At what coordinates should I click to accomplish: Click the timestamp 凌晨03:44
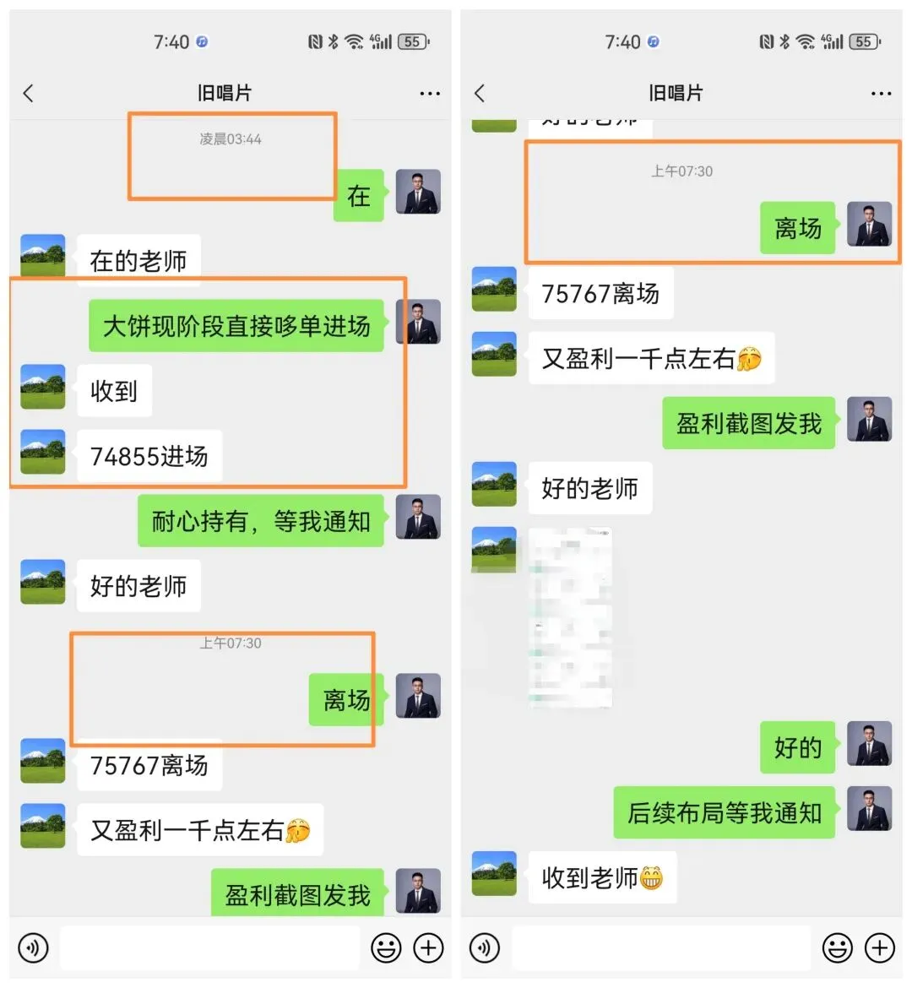pyautogui.click(x=231, y=139)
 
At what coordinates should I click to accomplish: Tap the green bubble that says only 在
pyautogui.click(x=359, y=196)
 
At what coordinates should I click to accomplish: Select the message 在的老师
pyautogui.click(x=138, y=261)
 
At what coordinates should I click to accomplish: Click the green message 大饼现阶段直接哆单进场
pyautogui.click(x=236, y=326)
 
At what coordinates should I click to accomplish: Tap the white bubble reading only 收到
pyautogui.click(x=114, y=391)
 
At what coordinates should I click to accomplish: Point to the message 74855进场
pyautogui.click(x=149, y=456)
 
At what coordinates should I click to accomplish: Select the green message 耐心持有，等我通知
pyautogui.click(x=261, y=521)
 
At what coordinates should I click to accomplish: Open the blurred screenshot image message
pyautogui.click(x=571, y=617)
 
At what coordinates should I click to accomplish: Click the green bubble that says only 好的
pyautogui.click(x=797, y=747)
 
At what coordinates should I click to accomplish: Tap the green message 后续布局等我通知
pyautogui.click(x=724, y=812)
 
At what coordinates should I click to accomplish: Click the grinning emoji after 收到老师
pyautogui.click(x=651, y=878)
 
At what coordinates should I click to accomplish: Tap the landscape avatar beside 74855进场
pyautogui.click(x=43, y=452)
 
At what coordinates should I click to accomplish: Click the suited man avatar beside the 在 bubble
pyautogui.click(x=418, y=192)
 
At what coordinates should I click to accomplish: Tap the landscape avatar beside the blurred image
pyautogui.click(x=494, y=549)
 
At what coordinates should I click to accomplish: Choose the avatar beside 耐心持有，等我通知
pyautogui.click(x=418, y=517)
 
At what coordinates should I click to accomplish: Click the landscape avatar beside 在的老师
pyautogui.click(x=43, y=256)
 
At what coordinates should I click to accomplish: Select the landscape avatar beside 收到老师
pyautogui.click(x=494, y=873)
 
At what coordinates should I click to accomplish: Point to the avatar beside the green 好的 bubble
pyautogui.click(x=869, y=743)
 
